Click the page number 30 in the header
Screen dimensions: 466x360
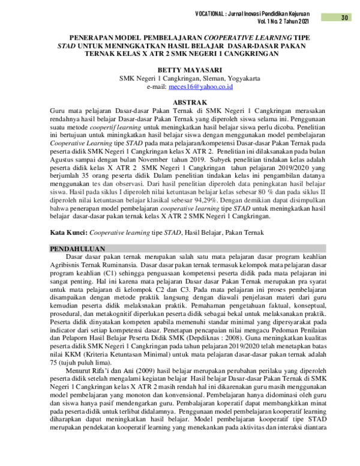(344, 17)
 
